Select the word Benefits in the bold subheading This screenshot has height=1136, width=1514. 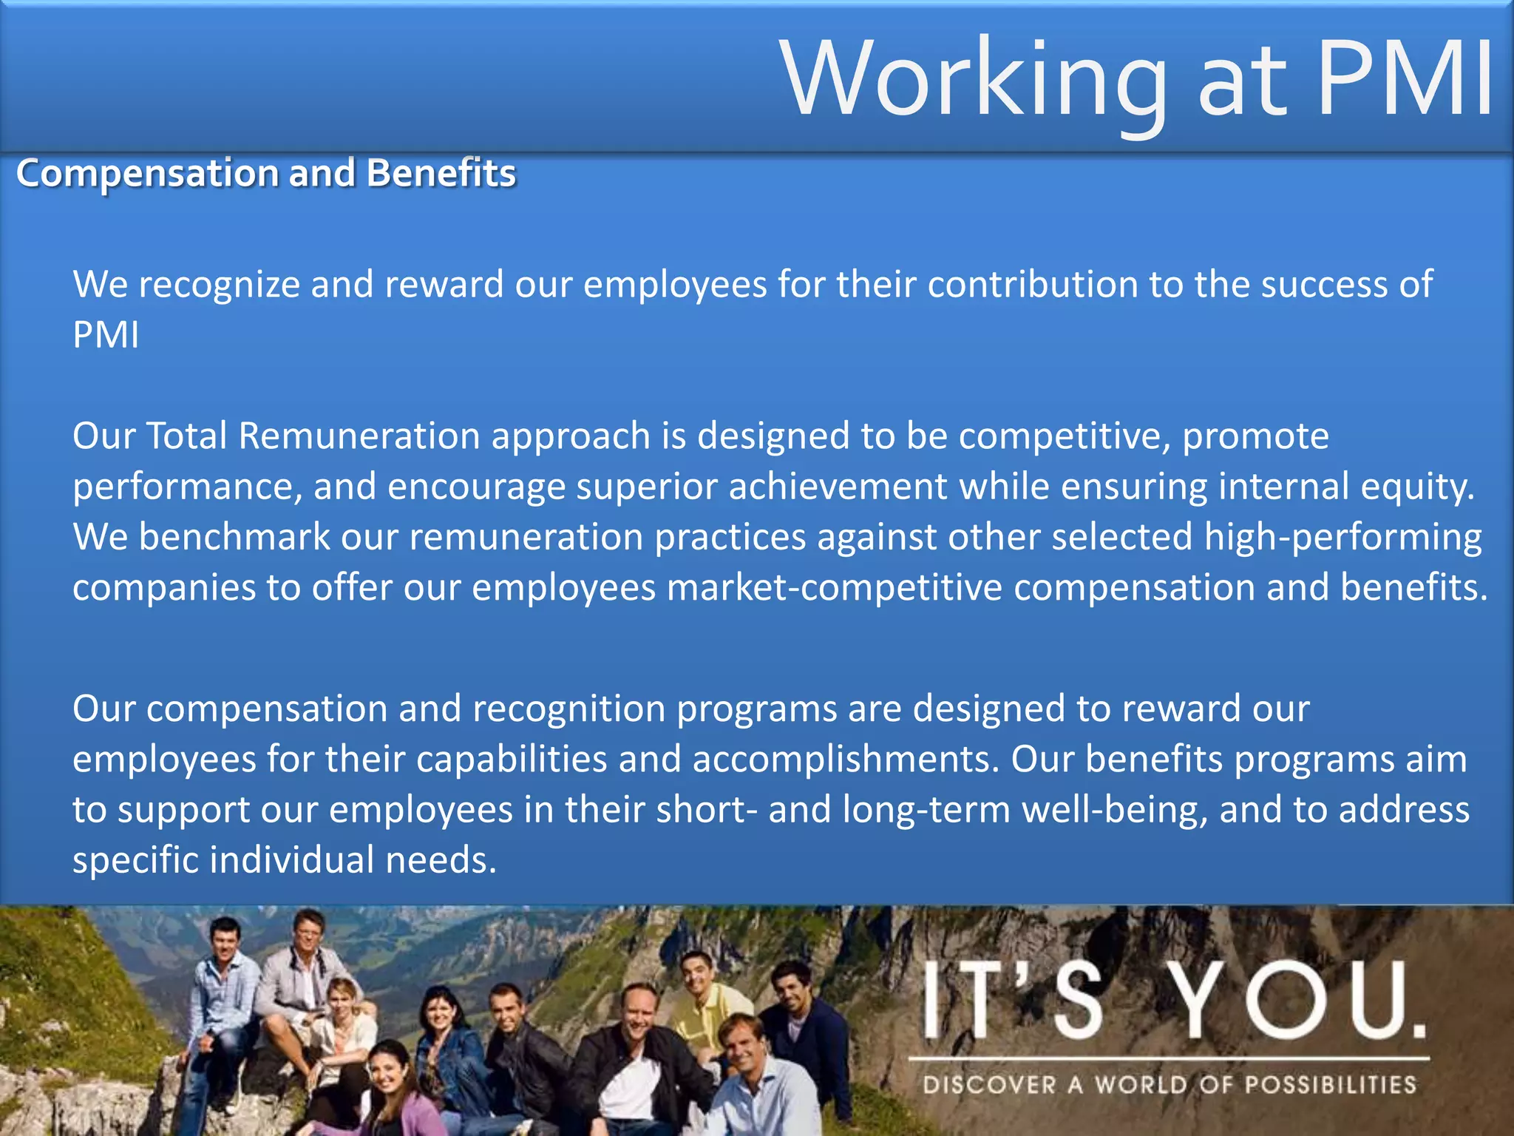(441, 173)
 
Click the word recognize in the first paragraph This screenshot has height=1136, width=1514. (219, 285)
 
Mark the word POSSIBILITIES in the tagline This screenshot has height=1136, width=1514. (1331, 1085)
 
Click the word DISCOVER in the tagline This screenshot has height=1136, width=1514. (989, 1085)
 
